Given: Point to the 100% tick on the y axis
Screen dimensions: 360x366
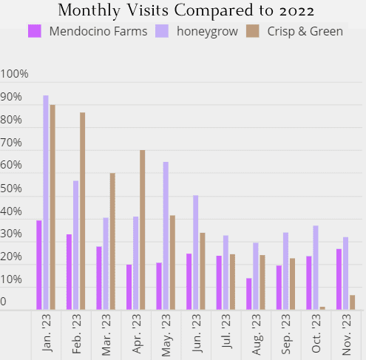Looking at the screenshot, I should coord(15,75).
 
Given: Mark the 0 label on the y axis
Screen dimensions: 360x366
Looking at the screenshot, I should coord(4,302).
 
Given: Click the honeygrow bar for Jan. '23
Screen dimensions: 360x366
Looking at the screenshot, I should coord(46,203).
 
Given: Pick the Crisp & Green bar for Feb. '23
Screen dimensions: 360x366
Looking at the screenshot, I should coord(82,211).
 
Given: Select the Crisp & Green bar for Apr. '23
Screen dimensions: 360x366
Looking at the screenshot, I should coord(142,230).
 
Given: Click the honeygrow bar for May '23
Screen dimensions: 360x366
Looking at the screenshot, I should coord(166,236).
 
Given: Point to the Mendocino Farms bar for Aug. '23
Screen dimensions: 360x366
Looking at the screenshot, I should coord(249,294).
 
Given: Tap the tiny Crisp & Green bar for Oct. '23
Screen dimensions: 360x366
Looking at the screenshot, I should coord(322,308).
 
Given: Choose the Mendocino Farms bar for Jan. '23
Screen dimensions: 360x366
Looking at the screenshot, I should coord(39,265).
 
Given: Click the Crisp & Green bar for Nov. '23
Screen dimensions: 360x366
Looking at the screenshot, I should coord(353,303).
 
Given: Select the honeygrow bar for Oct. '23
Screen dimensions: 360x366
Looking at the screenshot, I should coord(316,268).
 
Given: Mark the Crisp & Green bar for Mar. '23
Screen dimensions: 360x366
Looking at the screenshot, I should coord(112,242).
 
